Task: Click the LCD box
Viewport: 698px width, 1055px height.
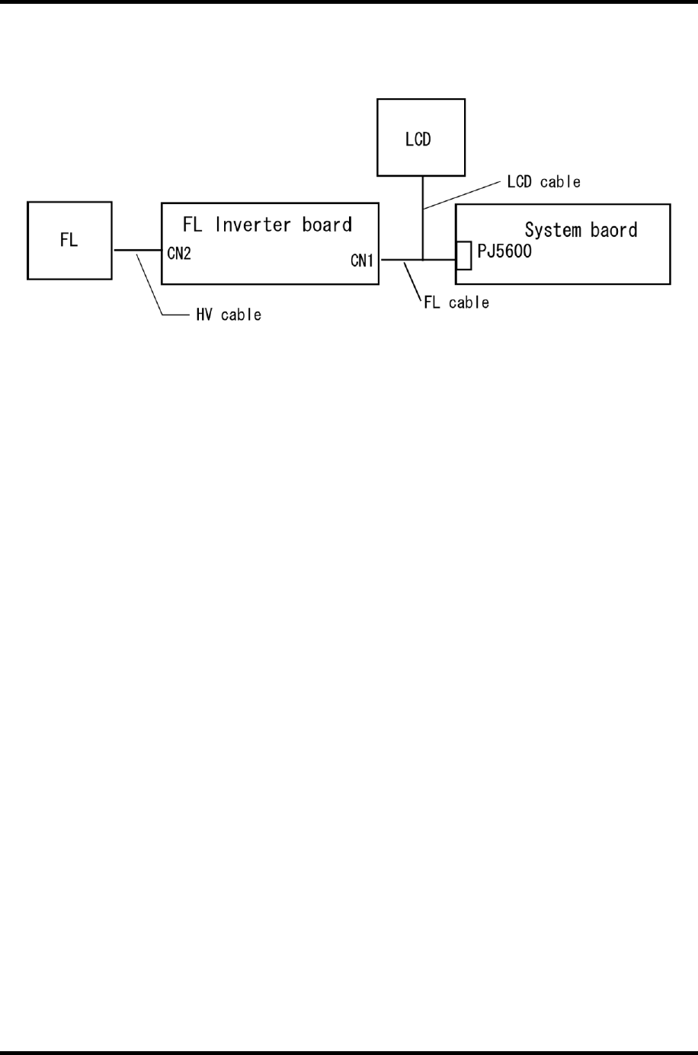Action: coord(421,138)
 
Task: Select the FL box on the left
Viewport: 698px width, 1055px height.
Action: coord(69,241)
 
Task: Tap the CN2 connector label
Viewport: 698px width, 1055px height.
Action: coord(179,254)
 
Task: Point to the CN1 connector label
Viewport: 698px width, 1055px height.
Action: coord(362,261)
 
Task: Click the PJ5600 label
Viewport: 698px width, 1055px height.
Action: coord(504,251)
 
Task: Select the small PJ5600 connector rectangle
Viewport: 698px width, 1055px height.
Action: coord(463,256)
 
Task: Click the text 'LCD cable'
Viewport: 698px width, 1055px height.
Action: coord(543,182)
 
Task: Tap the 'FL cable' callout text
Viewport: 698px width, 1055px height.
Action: coord(456,303)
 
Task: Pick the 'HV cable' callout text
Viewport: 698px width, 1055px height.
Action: coord(229,315)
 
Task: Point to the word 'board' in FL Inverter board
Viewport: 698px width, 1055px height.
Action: coord(327,225)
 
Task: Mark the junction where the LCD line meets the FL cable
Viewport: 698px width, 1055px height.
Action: coord(422,260)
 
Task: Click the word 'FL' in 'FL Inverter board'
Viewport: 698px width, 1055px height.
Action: coord(192,225)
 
